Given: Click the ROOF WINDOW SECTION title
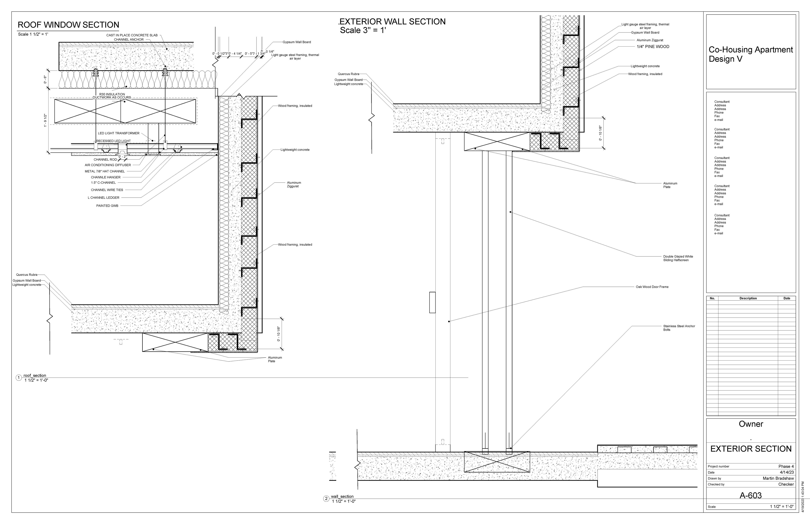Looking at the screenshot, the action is (x=68, y=25).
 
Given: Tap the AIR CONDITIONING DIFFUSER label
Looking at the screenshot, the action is (x=108, y=165).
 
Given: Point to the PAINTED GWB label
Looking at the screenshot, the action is (x=107, y=206).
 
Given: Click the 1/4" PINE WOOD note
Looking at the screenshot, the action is (x=653, y=47).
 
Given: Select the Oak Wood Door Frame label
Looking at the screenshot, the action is (x=652, y=287).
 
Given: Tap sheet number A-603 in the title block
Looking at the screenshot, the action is (x=751, y=495).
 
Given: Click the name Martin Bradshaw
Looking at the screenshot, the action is (x=778, y=478).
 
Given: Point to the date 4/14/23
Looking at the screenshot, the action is (x=787, y=472).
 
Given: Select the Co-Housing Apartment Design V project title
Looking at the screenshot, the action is (x=751, y=54).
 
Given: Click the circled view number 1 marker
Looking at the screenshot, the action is (x=19, y=378).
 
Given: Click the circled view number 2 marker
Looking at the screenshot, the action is (x=326, y=499).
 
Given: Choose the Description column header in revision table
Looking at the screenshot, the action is (x=748, y=298).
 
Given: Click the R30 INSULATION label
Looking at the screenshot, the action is (x=112, y=94).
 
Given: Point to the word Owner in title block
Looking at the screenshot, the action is (x=751, y=424).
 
